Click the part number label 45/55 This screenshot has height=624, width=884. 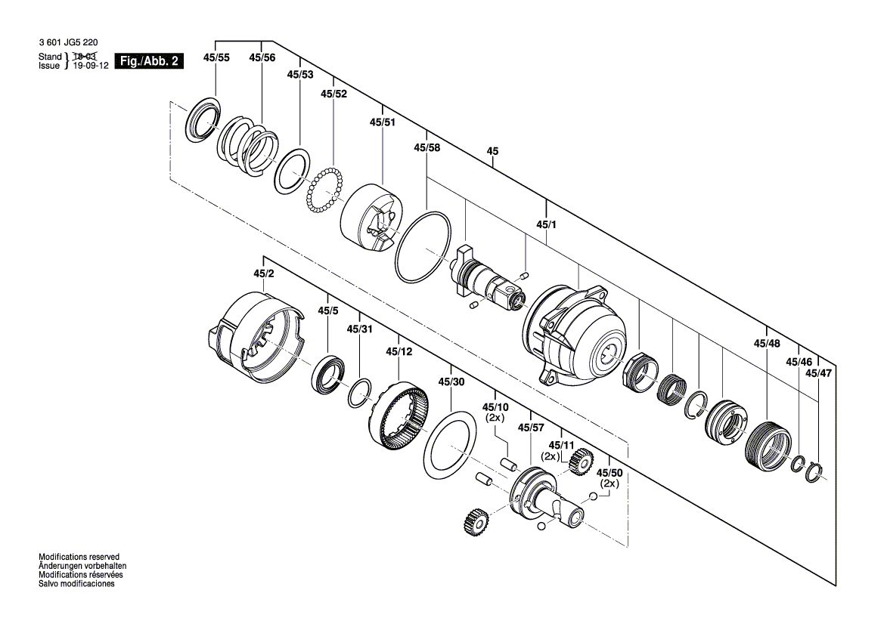(x=216, y=57)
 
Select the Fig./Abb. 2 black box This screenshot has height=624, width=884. (x=148, y=61)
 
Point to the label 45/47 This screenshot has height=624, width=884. (x=818, y=373)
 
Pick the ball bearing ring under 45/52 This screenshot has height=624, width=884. (x=324, y=191)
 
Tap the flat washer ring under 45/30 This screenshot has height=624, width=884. (x=449, y=444)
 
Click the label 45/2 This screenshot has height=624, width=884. (x=263, y=273)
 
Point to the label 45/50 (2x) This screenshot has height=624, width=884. (x=609, y=477)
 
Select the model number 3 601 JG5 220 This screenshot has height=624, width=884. (x=70, y=43)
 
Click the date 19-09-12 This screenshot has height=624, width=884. (x=89, y=66)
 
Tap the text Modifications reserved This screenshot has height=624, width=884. (x=79, y=556)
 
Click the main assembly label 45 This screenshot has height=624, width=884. (x=492, y=152)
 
